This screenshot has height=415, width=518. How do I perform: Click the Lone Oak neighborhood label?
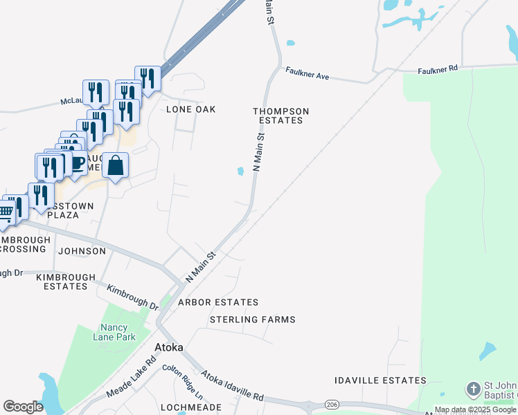pyautogui.click(x=191, y=109)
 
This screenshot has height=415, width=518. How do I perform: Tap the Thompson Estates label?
pyautogui.click(x=280, y=116)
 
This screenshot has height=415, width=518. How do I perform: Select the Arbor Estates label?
pyautogui.click(x=218, y=302)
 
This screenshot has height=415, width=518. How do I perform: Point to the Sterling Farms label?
pyautogui.click(x=253, y=320)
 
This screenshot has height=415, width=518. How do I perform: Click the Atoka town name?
pyautogui.click(x=169, y=347)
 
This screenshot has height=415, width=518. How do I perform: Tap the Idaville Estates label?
pyautogui.click(x=380, y=380)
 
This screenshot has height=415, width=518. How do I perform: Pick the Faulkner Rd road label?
pyautogui.click(x=438, y=70)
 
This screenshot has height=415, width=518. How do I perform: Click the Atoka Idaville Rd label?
pyautogui.click(x=233, y=386)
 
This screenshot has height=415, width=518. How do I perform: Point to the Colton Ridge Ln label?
pyautogui.click(x=183, y=382)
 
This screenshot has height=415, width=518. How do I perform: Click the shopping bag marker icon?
pyautogui.click(x=116, y=166)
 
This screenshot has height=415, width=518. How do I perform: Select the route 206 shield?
pyautogui.click(x=332, y=404)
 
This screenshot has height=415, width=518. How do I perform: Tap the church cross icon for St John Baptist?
pyautogui.click(x=474, y=389)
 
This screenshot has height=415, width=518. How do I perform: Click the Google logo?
pyautogui.click(x=23, y=407)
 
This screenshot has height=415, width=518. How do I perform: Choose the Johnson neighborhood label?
pyautogui.click(x=82, y=251)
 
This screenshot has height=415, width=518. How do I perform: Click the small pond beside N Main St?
pyautogui.click(x=241, y=171)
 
